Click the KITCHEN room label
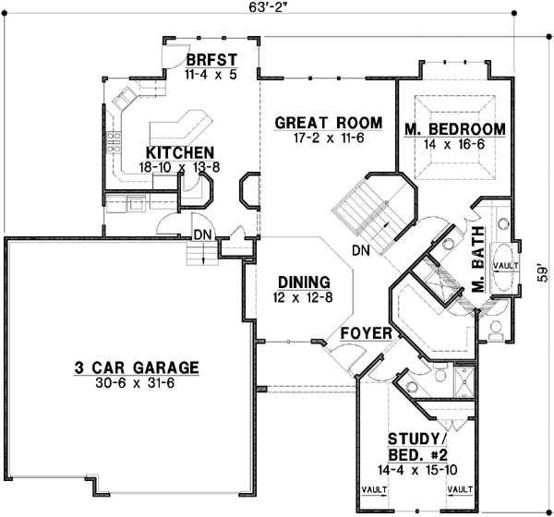click(x=180, y=153)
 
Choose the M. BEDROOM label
click(x=455, y=129)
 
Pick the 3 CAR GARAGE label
click(x=137, y=368)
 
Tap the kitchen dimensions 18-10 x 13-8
click(x=181, y=167)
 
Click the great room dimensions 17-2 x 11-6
click(x=315, y=138)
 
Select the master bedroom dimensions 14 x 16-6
click(x=455, y=144)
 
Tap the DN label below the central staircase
click(x=363, y=251)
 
